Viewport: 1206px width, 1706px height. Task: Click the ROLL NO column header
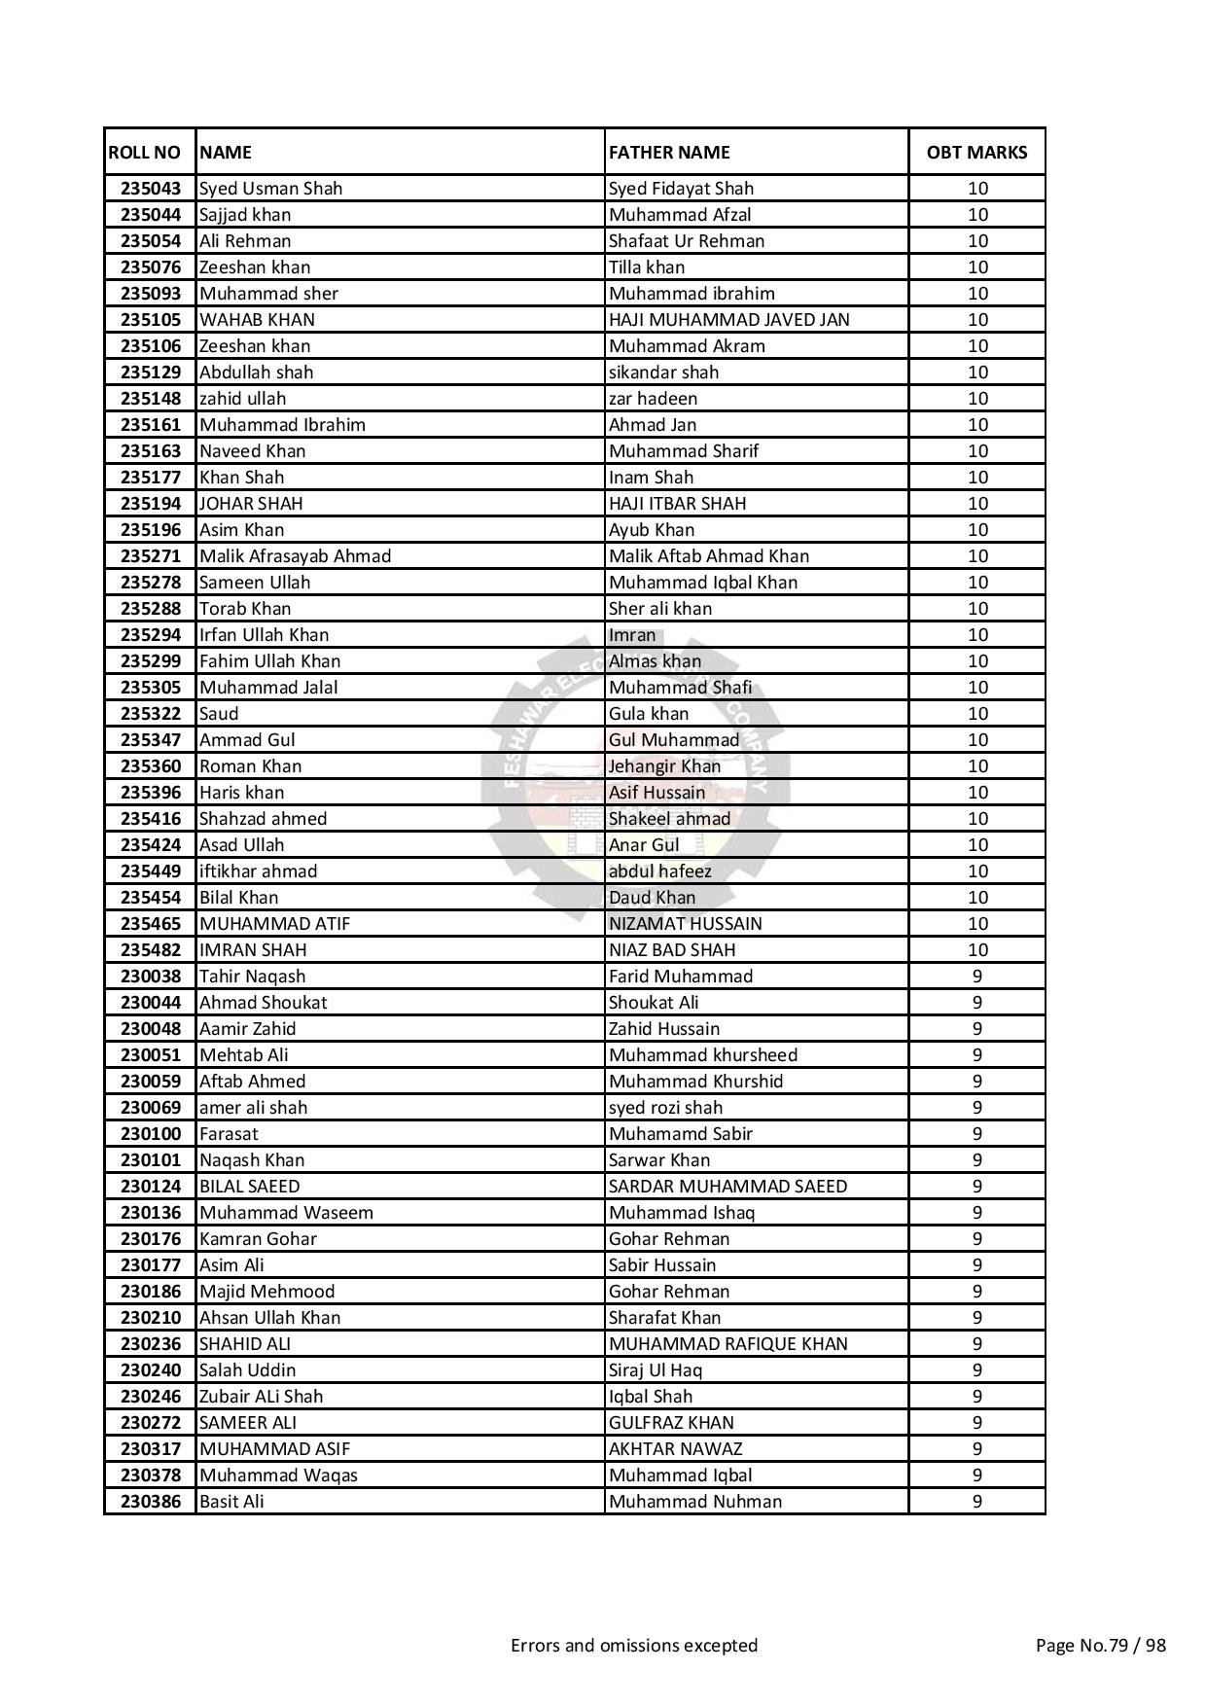[x=144, y=153]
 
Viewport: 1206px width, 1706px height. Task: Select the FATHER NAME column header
[x=669, y=153]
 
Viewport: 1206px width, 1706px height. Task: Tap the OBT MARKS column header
[x=976, y=153]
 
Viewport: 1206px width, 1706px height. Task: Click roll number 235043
[x=151, y=189]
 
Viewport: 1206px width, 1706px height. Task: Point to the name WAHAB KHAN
[x=257, y=320]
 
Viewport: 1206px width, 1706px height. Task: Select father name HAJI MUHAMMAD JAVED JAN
[x=728, y=320]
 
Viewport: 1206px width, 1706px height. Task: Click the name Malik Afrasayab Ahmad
[x=295, y=556]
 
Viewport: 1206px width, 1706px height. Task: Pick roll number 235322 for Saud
[x=151, y=714]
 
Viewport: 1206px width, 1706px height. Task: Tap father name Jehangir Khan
[x=665, y=766]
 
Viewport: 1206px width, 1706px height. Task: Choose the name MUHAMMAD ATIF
[x=274, y=924]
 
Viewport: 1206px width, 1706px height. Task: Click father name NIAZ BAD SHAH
[x=672, y=950]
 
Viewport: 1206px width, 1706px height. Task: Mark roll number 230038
[x=151, y=977]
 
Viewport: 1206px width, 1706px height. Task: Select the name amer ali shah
[x=253, y=1108]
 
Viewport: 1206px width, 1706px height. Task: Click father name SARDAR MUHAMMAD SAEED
[x=727, y=1187]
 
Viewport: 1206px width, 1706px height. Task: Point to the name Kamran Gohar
[x=258, y=1239]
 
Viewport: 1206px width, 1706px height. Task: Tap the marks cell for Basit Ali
[x=976, y=1502]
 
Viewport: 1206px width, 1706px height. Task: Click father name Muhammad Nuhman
[x=695, y=1502]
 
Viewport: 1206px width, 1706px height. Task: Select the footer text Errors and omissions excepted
[x=634, y=1646]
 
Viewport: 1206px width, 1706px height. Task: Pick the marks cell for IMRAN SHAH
[x=976, y=950]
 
